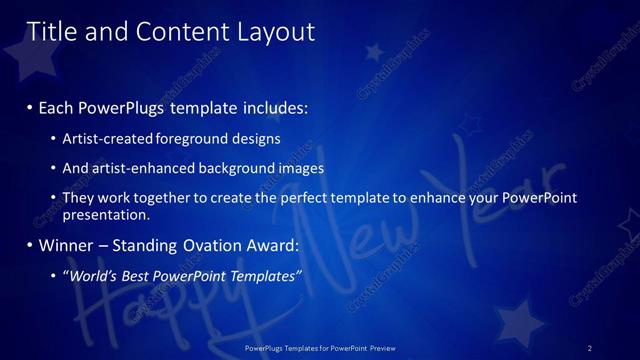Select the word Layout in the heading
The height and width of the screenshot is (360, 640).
coord(275,33)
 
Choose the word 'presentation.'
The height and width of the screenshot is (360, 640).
coord(106,215)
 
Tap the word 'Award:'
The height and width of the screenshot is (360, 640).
coord(270,245)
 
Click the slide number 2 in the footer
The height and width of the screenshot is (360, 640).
coord(590,348)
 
